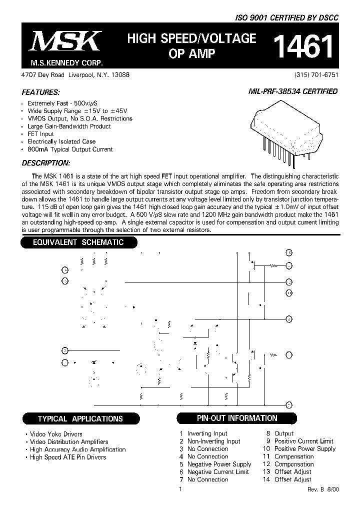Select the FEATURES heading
coord(40,92)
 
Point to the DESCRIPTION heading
coord(46,163)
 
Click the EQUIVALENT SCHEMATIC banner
coord(78,242)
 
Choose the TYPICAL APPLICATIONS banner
coord(80,418)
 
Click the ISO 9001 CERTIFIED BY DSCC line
coord(287,17)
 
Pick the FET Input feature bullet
coord(40,134)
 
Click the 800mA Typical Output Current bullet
coord(70,149)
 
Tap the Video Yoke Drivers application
coord(55,434)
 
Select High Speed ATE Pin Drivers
coord(67,457)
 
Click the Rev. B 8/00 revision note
coord(323,489)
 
